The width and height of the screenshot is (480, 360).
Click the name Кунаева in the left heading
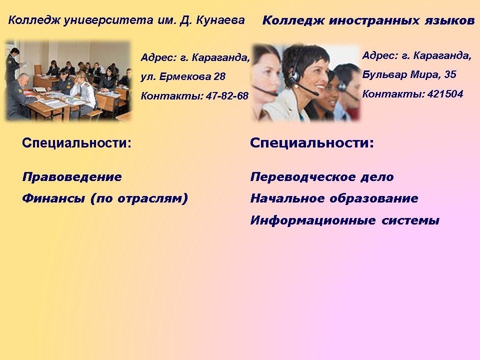(x=220, y=20)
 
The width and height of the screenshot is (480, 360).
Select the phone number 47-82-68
(x=227, y=96)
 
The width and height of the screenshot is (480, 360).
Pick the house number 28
(x=219, y=76)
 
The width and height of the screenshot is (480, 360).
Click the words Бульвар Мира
(x=400, y=74)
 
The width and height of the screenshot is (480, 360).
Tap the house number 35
(x=449, y=74)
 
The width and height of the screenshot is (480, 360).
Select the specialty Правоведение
(x=72, y=177)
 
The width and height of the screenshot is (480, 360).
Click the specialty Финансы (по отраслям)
(x=105, y=198)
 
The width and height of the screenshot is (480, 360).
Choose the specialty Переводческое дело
(x=322, y=177)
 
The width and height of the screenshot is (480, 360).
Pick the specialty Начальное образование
(x=334, y=198)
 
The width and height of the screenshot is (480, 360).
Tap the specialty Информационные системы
(x=345, y=220)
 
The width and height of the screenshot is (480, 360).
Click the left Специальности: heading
(x=76, y=143)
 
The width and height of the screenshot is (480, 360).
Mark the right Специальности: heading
(x=312, y=143)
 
